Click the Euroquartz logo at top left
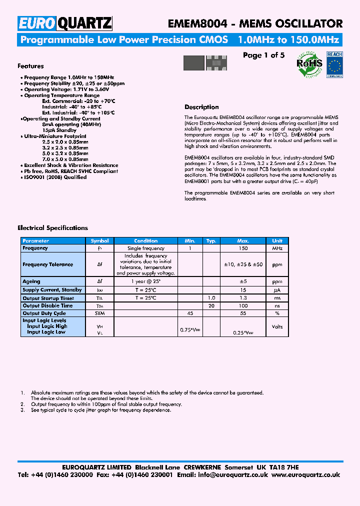click(65, 23)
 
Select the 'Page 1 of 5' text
click(263, 55)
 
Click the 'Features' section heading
click(30, 66)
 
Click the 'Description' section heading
click(201, 107)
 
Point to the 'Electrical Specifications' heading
click(52, 228)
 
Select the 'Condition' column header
click(146, 241)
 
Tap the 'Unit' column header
click(277, 241)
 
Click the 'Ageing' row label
click(31, 281)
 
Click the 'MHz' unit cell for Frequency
click(277, 248)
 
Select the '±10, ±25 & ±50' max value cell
click(243, 264)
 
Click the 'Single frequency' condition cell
click(146, 248)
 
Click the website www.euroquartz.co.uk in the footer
click(306, 474)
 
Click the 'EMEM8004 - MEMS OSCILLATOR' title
click(255, 23)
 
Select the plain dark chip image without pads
click(194, 63)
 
